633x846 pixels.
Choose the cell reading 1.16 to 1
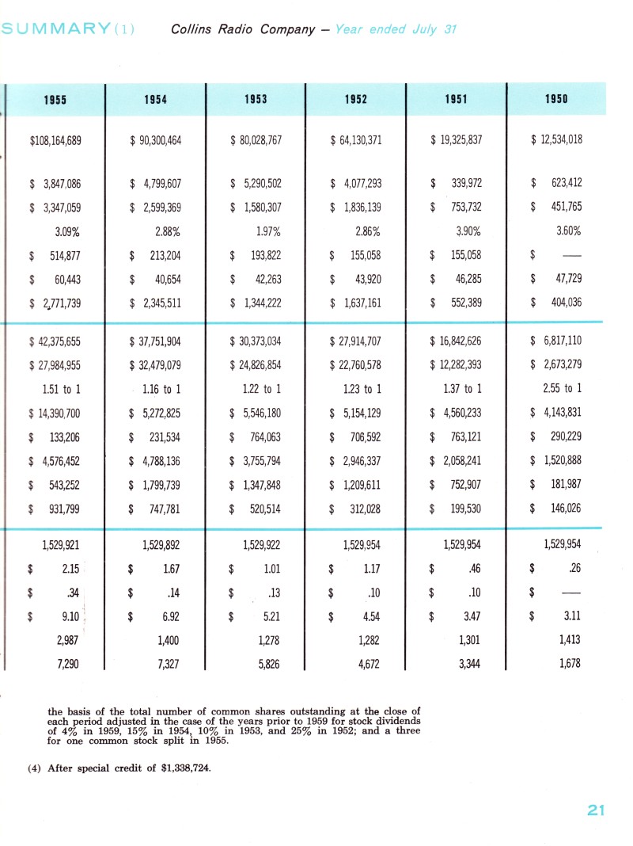click(161, 388)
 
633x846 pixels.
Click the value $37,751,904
click(155, 342)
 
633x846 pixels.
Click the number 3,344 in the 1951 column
click(468, 663)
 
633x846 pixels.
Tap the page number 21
click(596, 809)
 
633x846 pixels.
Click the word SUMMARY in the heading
click(55, 30)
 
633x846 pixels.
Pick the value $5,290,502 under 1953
click(256, 184)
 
